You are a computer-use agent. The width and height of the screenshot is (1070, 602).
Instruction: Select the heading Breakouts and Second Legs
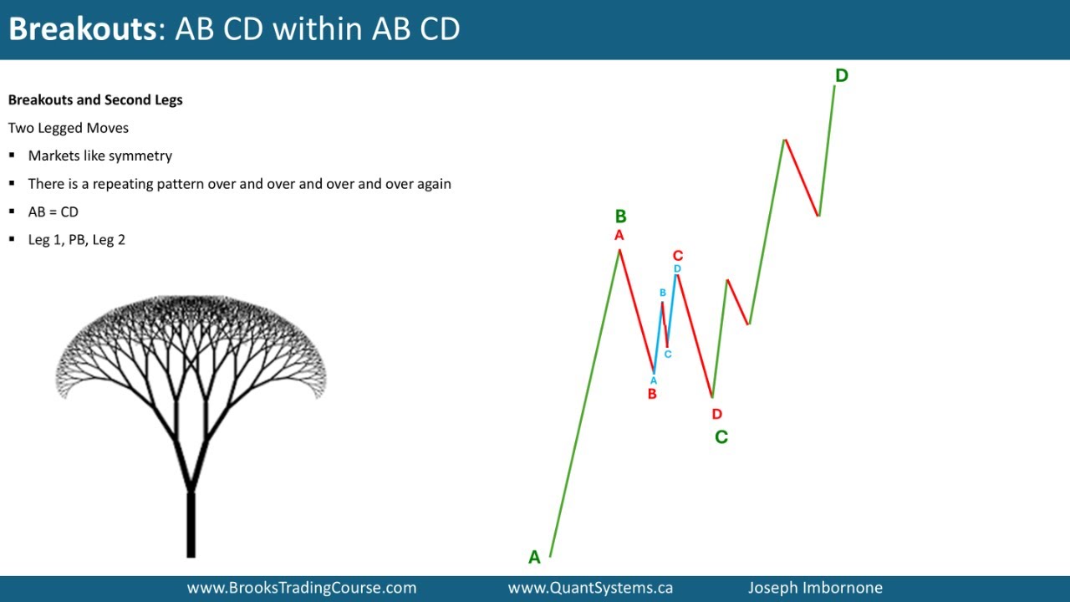pyautogui.click(x=95, y=99)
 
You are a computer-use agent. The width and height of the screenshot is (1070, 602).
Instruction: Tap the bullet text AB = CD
pyautogui.click(x=53, y=212)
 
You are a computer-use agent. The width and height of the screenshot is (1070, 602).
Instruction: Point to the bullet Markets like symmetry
pyautogui.click(x=99, y=156)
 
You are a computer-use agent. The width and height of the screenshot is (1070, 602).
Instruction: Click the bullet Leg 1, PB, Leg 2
pyautogui.click(x=76, y=240)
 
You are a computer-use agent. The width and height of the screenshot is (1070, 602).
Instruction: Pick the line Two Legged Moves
pyautogui.click(x=69, y=128)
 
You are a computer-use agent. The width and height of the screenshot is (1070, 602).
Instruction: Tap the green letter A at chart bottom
pyautogui.click(x=534, y=558)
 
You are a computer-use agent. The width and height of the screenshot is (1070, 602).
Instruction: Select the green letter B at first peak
pyautogui.click(x=620, y=217)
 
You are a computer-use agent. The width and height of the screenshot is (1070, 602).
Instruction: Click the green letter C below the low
pyautogui.click(x=721, y=436)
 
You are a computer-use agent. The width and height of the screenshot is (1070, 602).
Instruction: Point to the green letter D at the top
pyautogui.click(x=841, y=75)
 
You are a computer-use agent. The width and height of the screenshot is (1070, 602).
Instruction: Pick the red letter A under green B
pyautogui.click(x=619, y=236)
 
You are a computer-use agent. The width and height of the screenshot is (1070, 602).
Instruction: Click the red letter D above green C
pyautogui.click(x=716, y=414)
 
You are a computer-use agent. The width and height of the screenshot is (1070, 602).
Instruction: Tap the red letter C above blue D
pyautogui.click(x=678, y=256)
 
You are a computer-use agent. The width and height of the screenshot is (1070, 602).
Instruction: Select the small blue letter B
pyautogui.click(x=663, y=293)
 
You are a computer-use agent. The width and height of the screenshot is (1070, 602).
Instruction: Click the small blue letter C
pyautogui.click(x=668, y=355)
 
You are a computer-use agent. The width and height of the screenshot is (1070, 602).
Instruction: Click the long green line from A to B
pyautogui.click(x=585, y=401)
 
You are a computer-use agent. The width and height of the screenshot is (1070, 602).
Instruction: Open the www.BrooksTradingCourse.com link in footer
pyautogui.click(x=302, y=588)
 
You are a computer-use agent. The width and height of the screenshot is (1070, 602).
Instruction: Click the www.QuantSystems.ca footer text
pyautogui.click(x=590, y=588)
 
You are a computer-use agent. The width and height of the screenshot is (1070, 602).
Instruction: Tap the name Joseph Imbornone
pyautogui.click(x=815, y=588)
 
